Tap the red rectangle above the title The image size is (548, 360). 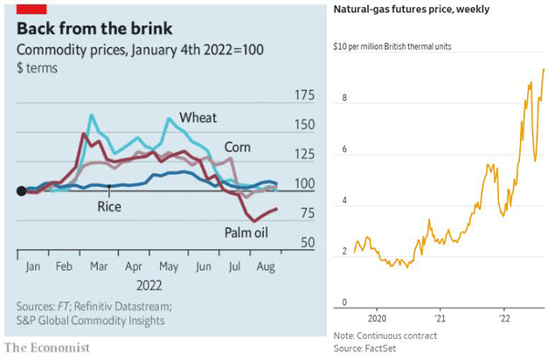(x=31, y=7)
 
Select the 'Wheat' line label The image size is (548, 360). (x=198, y=118)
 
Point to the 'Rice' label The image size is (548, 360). (x=108, y=207)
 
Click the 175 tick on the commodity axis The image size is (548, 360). (x=302, y=94)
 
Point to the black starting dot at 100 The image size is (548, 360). (x=22, y=191)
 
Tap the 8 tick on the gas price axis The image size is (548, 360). (x=344, y=99)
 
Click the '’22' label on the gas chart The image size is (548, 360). (x=505, y=315)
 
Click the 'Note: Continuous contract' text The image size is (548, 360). (x=385, y=336)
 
